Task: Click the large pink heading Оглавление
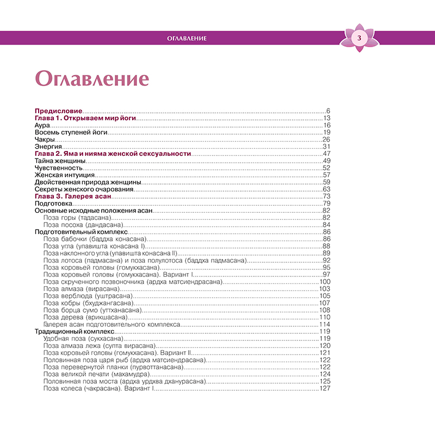(x=91, y=78)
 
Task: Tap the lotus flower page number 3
(x=358, y=38)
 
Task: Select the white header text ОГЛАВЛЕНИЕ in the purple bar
(x=187, y=38)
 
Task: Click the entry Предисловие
(x=58, y=111)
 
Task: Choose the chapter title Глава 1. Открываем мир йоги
(x=85, y=118)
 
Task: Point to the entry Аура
(x=42, y=125)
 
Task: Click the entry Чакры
(x=45, y=140)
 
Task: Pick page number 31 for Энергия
(x=327, y=147)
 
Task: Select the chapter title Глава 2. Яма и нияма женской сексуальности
(x=113, y=154)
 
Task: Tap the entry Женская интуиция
(x=65, y=175)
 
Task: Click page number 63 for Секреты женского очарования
(x=327, y=189)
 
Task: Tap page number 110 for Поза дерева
(x=325, y=317)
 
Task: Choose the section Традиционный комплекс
(x=74, y=331)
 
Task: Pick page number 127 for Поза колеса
(x=325, y=388)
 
